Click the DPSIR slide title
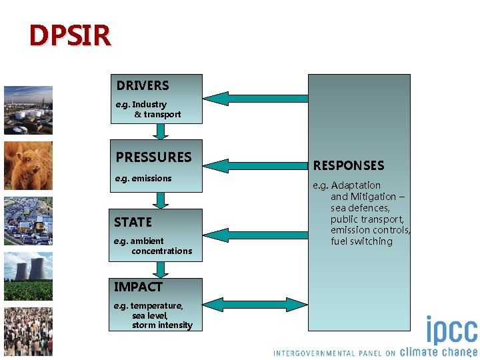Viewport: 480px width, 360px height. coord(69,35)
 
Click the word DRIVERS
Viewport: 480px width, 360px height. coord(143,85)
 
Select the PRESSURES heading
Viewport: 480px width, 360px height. coord(153,157)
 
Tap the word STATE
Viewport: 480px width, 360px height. coord(133,222)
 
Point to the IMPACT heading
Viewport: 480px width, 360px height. coord(138,287)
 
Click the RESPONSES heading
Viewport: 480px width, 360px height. coord(349,165)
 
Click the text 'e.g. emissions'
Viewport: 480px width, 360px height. coord(143,179)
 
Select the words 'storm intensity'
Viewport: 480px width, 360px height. coord(162,325)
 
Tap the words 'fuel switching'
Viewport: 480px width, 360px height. coord(361,241)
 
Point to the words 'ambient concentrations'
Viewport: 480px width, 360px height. coord(157,246)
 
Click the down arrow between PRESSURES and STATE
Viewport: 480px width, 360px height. coord(160,200)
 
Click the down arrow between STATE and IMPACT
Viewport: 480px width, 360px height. coord(160,269)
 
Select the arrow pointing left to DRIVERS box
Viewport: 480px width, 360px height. coord(254,98)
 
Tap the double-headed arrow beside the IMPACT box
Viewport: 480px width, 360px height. coord(254,305)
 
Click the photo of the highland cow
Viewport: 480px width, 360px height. coord(28,166)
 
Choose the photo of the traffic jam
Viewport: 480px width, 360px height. coord(28,221)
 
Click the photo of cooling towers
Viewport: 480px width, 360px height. coord(28,276)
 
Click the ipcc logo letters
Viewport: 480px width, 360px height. coord(451,332)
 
